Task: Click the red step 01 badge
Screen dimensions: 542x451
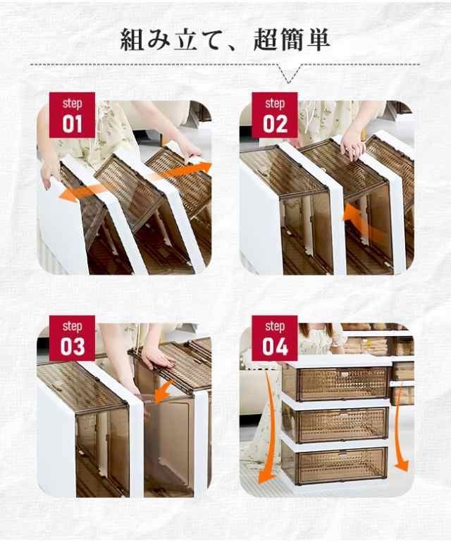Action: (x=71, y=114)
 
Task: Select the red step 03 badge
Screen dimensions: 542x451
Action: (x=71, y=338)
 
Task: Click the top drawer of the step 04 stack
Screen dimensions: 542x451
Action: (x=336, y=383)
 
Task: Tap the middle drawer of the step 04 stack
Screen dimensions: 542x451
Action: (x=336, y=424)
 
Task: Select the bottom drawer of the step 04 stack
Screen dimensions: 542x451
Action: (x=336, y=465)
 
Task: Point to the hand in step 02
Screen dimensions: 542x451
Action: (x=352, y=144)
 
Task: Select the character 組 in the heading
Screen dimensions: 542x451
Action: (x=135, y=39)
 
